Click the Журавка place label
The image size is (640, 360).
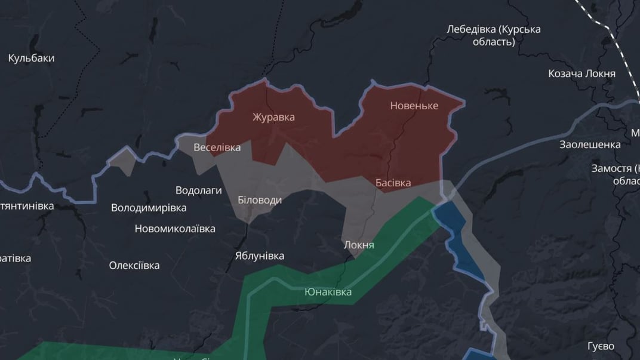(273, 117)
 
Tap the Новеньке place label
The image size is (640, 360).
(414, 106)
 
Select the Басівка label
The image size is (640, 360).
(393, 183)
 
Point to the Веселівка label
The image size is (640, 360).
(217, 147)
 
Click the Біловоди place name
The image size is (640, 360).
(260, 200)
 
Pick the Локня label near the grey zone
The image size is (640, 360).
(359, 245)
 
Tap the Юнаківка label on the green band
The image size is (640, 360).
(328, 292)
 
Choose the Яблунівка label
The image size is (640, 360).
(259, 256)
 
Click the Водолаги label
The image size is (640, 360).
(199, 190)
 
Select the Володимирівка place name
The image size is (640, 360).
(149, 208)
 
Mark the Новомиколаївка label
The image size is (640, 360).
(175, 229)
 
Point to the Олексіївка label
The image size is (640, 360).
(134, 265)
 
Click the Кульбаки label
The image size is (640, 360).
(32, 58)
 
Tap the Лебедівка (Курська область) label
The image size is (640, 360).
(494, 35)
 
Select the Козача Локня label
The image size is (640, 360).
(581, 73)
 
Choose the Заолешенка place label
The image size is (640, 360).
(590, 144)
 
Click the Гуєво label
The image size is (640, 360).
(600, 346)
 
